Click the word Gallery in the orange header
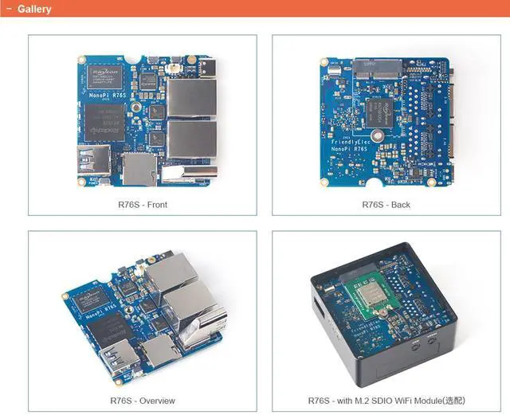coord(34,10)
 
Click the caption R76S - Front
coord(142,205)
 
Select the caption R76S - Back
coord(386,205)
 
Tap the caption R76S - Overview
coord(142,400)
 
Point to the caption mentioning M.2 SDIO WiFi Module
coord(386,400)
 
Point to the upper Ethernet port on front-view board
coord(191,98)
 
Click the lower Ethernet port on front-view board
coord(191,139)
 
